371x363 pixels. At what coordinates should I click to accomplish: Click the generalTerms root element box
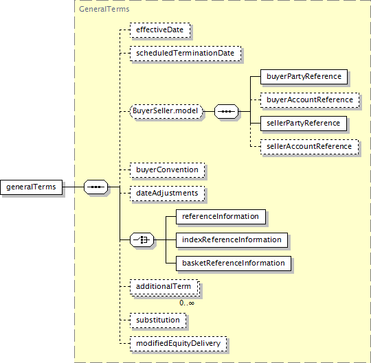tap(31, 187)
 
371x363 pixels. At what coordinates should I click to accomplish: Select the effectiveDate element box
tap(160, 30)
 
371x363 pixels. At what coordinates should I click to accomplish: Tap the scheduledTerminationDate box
tap(185, 54)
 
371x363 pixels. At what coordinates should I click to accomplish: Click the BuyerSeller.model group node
tap(166, 111)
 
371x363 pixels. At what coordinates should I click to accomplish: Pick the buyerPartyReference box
tap(304, 77)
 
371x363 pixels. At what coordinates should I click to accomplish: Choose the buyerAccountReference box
tap(310, 100)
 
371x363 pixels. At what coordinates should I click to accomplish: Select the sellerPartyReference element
tap(304, 124)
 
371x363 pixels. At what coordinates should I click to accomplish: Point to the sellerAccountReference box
tap(309, 147)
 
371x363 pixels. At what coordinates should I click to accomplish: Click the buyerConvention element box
tap(167, 170)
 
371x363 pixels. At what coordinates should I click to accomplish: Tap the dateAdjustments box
tap(167, 194)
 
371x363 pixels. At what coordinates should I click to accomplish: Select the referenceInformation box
tap(221, 217)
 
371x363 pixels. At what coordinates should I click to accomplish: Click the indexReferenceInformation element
tap(232, 240)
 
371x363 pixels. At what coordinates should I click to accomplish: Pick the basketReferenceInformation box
tap(234, 264)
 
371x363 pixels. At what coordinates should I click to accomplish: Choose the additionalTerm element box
tap(165, 287)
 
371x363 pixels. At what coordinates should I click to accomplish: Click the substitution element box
tap(158, 320)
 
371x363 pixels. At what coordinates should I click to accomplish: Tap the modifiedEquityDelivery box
tap(179, 344)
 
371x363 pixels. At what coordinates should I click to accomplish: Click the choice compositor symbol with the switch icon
tap(142, 240)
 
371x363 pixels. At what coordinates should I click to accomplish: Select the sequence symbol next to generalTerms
tap(95, 187)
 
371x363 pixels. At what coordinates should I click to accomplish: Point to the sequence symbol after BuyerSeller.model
tap(227, 111)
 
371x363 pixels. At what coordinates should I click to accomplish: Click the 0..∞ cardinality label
tap(187, 303)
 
